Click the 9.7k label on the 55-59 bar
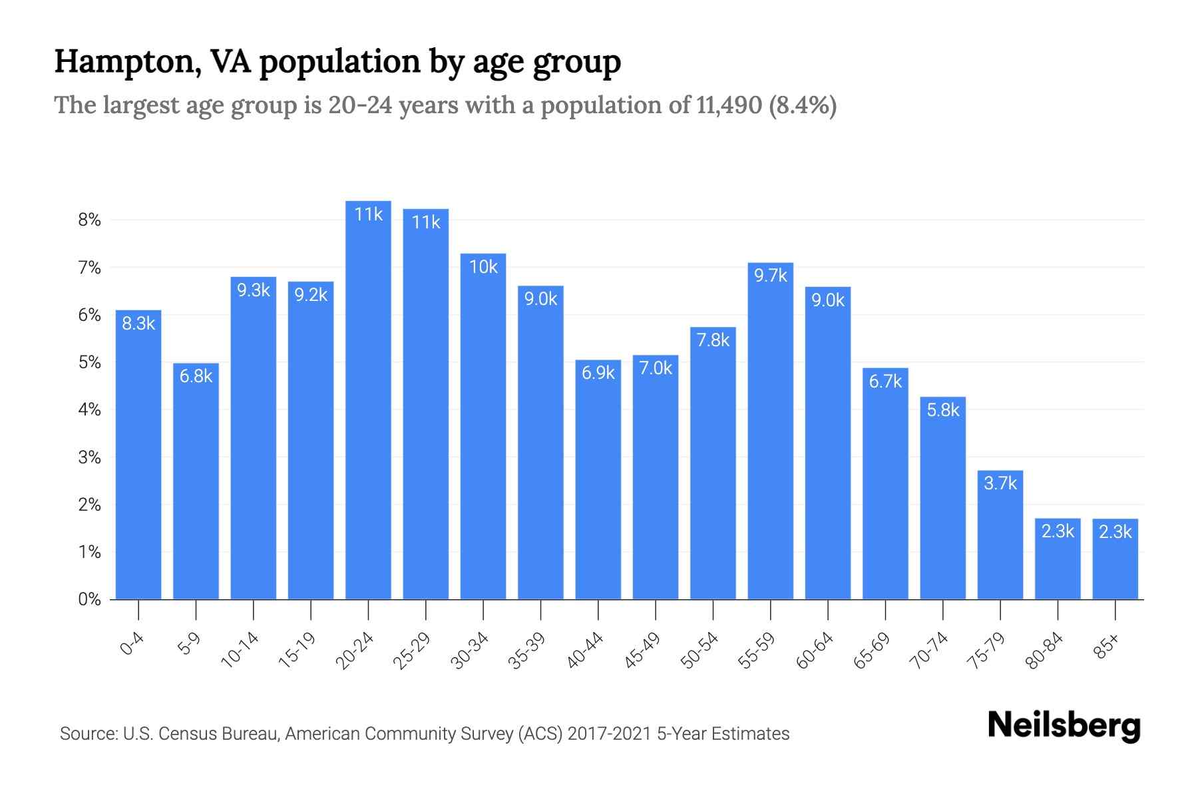click(770, 275)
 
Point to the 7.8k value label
click(713, 340)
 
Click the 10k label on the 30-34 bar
click(483, 267)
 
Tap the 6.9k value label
click(598, 373)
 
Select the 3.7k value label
click(1000, 483)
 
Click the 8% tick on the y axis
click(89, 220)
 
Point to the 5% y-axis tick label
click(89, 362)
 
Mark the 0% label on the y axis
click(89, 599)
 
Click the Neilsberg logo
click(1064, 726)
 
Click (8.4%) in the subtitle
click(803, 105)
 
